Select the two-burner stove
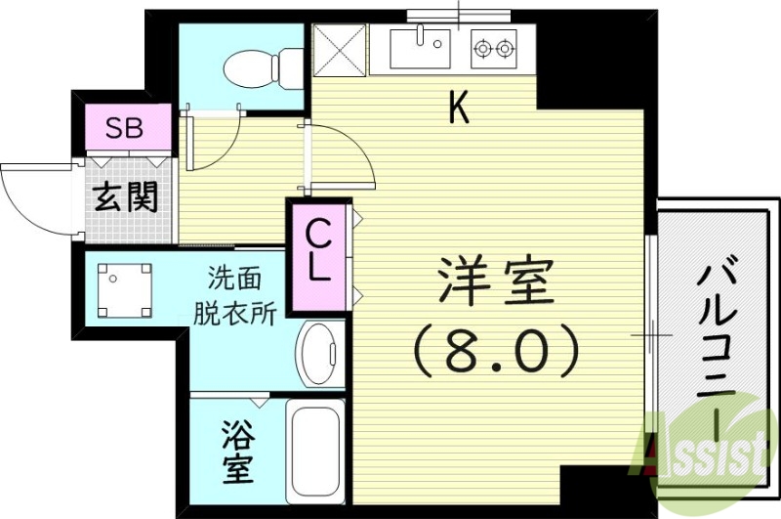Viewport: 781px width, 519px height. (493, 47)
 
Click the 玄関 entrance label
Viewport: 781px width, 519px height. (125, 198)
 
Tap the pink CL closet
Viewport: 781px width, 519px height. (318, 251)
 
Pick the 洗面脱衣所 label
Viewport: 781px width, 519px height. (233, 295)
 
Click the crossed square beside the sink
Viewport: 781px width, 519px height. (341, 50)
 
